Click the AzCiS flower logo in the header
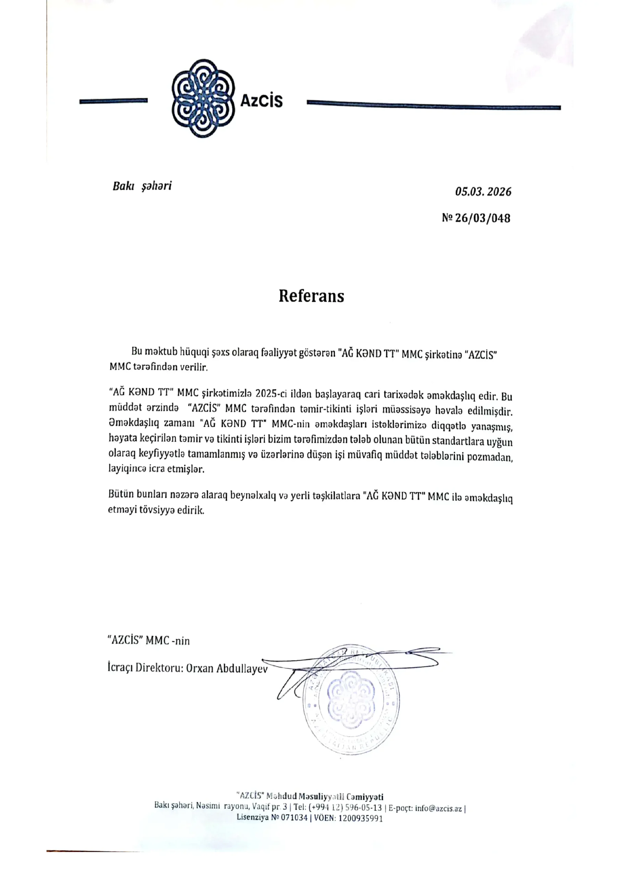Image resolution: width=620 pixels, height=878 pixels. coord(203,99)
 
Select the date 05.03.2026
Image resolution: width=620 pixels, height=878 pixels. coord(483,192)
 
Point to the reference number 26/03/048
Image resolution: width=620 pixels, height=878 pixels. coord(482,218)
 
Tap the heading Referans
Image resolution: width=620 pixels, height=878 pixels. coord(311,296)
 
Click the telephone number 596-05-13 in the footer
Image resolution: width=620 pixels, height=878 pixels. coord(363,808)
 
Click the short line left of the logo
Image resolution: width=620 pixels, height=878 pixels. coord(113,101)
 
